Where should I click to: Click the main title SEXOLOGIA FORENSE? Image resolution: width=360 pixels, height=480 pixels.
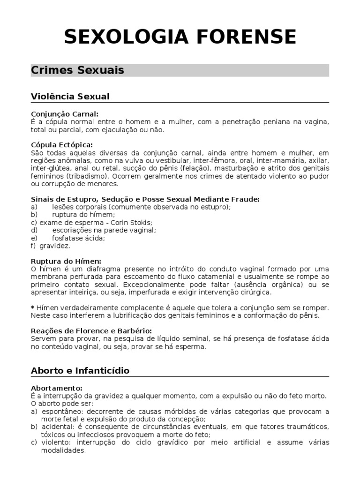tap(180, 37)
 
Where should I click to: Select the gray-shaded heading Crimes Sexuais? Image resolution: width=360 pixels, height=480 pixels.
tap(77, 70)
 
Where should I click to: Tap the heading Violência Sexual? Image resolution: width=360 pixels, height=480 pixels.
tap(70, 97)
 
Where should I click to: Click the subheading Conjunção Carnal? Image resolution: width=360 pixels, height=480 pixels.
tap(65, 114)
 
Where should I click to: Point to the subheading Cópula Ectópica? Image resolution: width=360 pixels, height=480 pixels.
tap(62, 145)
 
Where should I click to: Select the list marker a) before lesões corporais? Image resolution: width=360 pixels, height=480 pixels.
tap(34, 207)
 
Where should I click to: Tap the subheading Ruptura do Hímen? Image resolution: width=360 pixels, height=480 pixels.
tap(66, 261)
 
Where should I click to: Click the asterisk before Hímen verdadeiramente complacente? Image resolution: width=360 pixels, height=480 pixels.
tap(32, 307)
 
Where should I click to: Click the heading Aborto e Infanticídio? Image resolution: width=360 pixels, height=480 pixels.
tap(80, 371)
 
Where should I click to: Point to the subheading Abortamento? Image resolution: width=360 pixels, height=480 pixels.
tap(57, 388)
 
